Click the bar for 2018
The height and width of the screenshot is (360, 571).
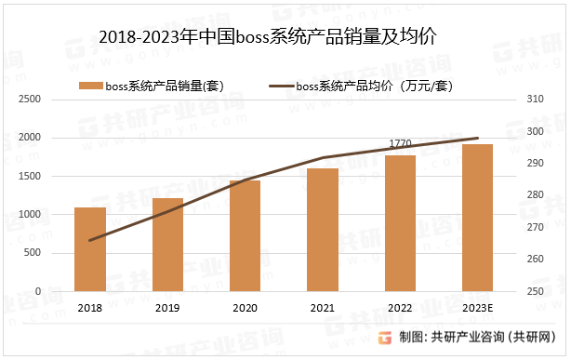click(90, 249)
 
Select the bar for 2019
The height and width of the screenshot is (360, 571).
click(167, 245)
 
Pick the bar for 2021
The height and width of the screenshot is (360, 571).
click(323, 230)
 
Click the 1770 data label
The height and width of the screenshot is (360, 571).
click(400, 144)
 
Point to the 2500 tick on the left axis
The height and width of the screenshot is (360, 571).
click(31, 99)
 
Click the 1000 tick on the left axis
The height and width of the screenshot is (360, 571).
click(31, 215)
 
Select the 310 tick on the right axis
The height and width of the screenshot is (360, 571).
click(534, 99)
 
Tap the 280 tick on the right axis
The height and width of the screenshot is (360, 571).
click(534, 195)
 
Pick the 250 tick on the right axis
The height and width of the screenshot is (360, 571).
click(534, 292)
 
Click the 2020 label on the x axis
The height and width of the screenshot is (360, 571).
click(246, 308)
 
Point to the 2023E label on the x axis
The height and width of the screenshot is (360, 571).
click(477, 308)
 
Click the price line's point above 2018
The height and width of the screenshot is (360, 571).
click(90, 240)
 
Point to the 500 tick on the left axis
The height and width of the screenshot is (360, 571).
click(33, 253)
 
